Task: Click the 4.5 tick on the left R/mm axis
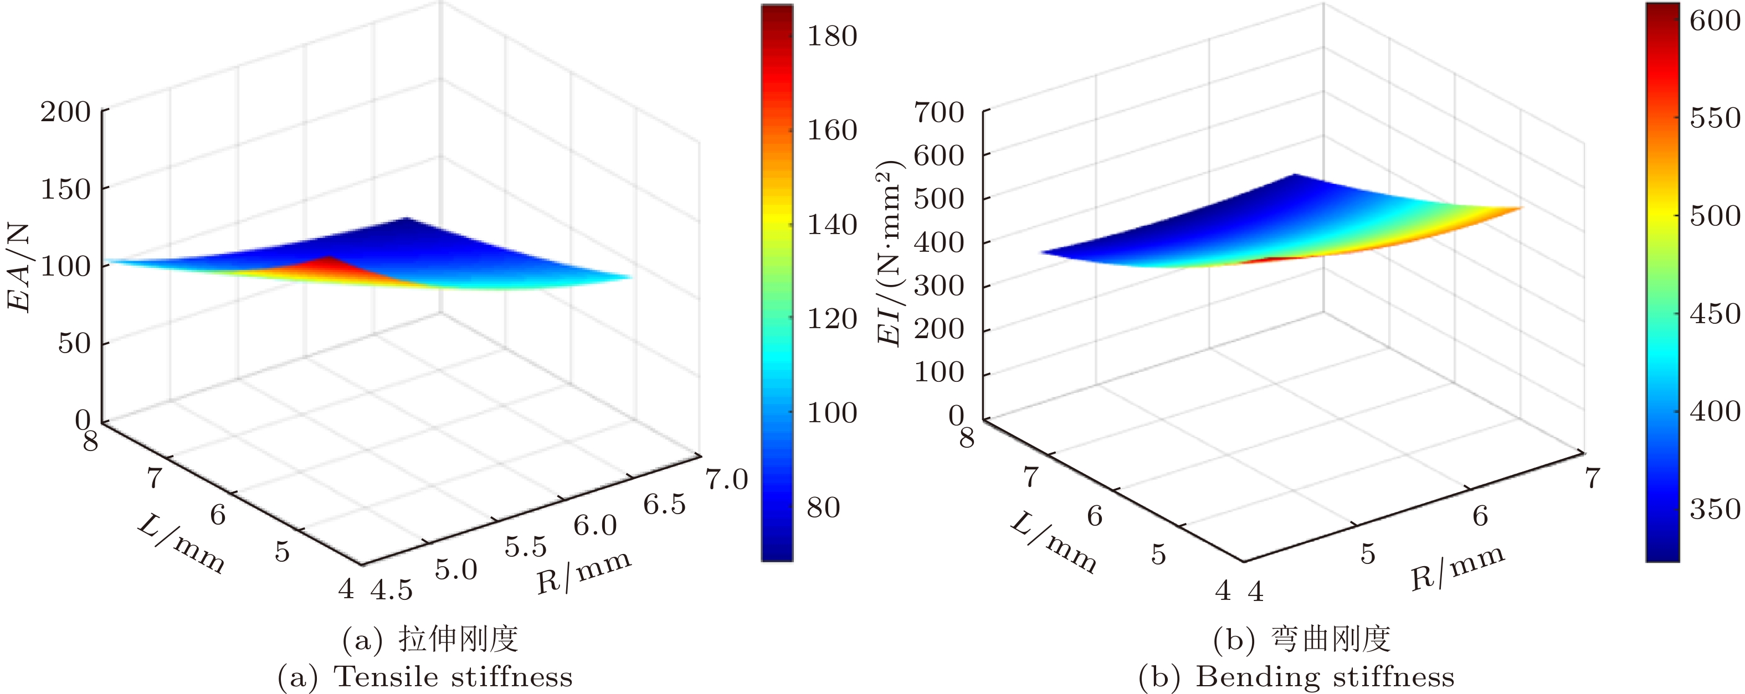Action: [x=392, y=591]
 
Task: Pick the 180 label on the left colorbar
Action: [x=832, y=36]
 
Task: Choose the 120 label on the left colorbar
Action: [x=832, y=319]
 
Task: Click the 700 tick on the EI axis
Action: [x=939, y=112]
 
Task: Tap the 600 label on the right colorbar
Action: [x=1715, y=21]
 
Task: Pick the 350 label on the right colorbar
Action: [x=1715, y=509]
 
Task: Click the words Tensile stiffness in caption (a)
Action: [x=454, y=676]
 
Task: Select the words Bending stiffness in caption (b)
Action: [x=1325, y=676]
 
